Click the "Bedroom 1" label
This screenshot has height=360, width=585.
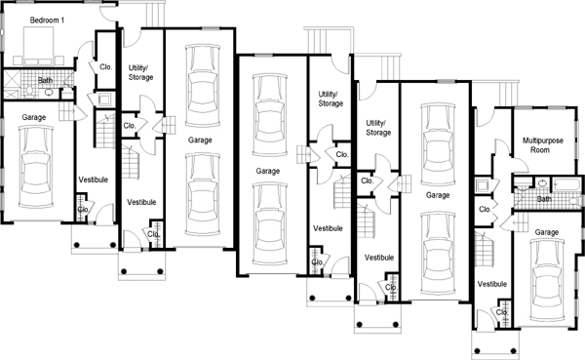(x=47, y=20)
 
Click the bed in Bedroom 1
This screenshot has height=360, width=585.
(x=38, y=46)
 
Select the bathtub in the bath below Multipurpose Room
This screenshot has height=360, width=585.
(x=566, y=184)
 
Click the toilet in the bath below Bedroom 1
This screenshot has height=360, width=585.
(x=30, y=91)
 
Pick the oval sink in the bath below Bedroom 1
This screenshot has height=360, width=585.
(x=49, y=93)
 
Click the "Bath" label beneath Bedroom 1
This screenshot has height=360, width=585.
(x=45, y=80)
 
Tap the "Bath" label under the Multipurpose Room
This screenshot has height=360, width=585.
(x=544, y=199)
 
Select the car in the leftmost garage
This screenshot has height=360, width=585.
(x=36, y=167)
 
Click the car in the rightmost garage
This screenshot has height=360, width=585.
(x=547, y=280)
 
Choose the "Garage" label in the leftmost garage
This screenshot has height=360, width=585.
(x=34, y=117)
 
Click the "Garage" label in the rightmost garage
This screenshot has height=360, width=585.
(x=547, y=232)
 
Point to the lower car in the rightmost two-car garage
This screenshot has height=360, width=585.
(x=438, y=254)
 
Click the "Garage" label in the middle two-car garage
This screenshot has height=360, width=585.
(x=268, y=171)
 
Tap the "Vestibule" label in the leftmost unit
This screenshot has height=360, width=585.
(x=94, y=180)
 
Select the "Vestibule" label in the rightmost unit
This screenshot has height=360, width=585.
(x=492, y=284)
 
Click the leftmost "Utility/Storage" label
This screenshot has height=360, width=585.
(x=141, y=72)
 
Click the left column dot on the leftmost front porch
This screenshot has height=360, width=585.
(x=76, y=245)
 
